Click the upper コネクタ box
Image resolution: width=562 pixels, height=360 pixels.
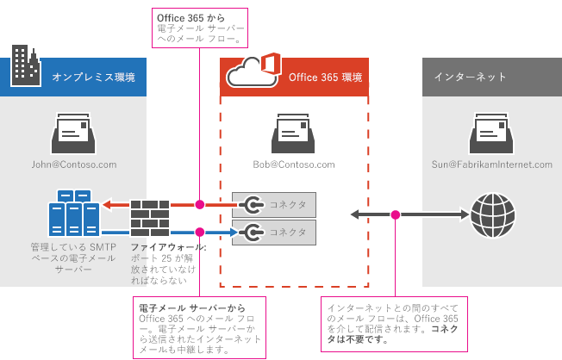click(x=274, y=205)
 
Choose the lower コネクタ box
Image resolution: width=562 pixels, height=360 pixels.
click(x=274, y=232)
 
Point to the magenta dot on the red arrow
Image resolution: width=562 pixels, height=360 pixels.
click(x=200, y=205)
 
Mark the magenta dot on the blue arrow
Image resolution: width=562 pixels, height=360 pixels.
click(x=200, y=232)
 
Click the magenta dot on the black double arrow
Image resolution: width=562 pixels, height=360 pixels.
click(x=396, y=214)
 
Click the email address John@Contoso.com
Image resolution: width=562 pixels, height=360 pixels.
click(x=73, y=164)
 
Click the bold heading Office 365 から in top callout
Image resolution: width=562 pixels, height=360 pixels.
click(x=186, y=16)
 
